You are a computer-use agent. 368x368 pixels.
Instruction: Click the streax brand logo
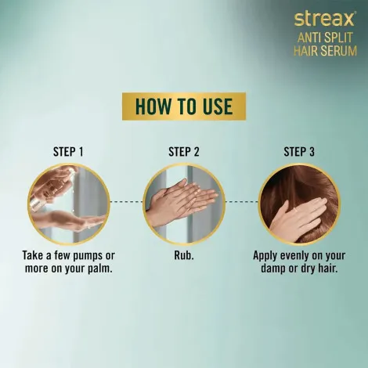coord(325,19)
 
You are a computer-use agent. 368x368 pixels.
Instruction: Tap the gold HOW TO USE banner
coord(184,106)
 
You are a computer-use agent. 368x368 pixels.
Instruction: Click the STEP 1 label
coord(68,152)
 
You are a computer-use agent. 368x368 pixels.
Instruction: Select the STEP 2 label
coord(184,152)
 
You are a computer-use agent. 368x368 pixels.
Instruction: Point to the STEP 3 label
coord(299,152)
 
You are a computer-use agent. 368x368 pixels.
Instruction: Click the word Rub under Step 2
coord(182,255)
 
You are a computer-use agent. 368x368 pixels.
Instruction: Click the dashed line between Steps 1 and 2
coord(127,202)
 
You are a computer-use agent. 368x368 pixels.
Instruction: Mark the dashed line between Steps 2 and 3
coord(242,202)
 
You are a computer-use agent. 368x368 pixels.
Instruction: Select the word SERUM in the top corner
coord(339,51)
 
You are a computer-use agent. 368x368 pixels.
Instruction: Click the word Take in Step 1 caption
coord(33,255)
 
